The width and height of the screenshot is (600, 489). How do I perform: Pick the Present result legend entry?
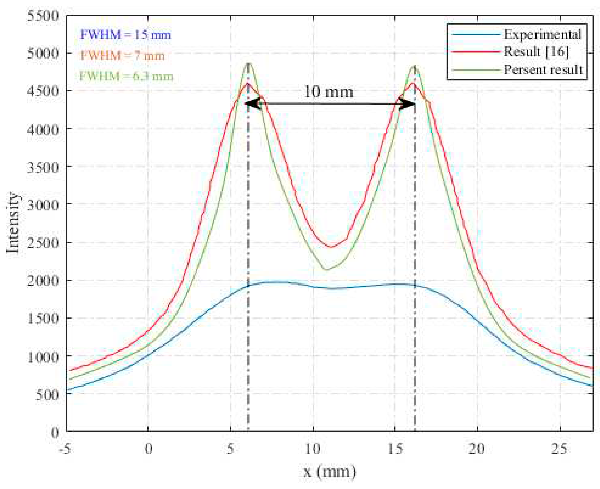pyautogui.click(x=543, y=70)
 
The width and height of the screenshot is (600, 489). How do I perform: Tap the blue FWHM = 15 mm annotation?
pyautogui.click(x=125, y=35)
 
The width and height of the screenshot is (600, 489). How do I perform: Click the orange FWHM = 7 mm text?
pyautogui.click(x=122, y=56)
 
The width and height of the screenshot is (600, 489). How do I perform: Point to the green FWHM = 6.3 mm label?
pyautogui.click(x=126, y=76)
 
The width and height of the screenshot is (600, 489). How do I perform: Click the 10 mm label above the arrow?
pyautogui.click(x=328, y=92)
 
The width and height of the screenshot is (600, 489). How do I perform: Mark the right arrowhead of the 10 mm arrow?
pyautogui.click(x=408, y=105)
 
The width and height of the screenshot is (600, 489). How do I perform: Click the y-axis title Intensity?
pyautogui.click(x=13, y=223)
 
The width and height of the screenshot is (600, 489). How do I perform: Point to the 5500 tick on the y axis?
pyautogui.click(x=43, y=16)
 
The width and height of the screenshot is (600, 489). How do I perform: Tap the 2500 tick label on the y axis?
pyautogui.click(x=43, y=243)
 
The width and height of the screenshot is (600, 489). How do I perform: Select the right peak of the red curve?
pyautogui.click(x=413, y=83)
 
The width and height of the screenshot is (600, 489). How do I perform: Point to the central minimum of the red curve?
pyautogui.click(x=331, y=247)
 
